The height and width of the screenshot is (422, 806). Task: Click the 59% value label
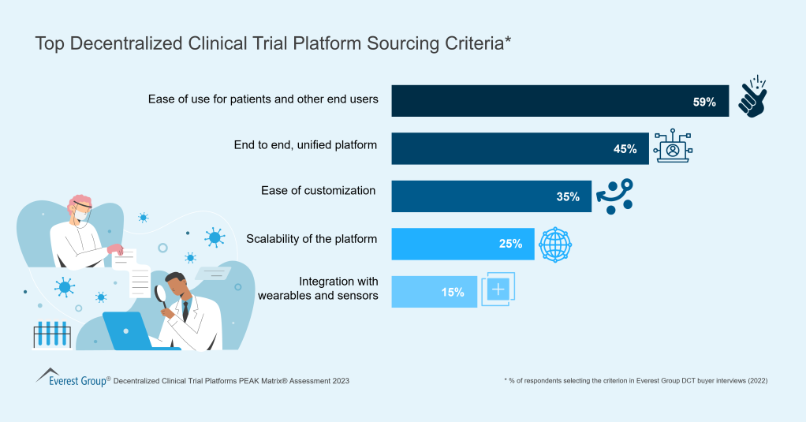pyautogui.click(x=704, y=102)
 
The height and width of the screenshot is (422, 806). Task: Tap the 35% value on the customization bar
pyautogui.click(x=568, y=196)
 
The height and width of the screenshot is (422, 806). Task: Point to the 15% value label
pyautogui.click(x=453, y=292)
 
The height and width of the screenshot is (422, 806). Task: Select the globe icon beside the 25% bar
pyautogui.click(x=555, y=245)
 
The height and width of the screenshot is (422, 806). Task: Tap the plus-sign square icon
pyautogui.click(x=498, y=289)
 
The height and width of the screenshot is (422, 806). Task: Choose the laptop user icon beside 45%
pyautogui.click(x=673, y=148)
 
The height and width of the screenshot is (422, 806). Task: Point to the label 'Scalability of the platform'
pyautogui.click(x=312, y=238)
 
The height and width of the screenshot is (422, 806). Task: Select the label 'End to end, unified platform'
pyautogui.click(x=305, y=144)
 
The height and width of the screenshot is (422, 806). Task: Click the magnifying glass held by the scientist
pyautogui.click(x=161, y=294)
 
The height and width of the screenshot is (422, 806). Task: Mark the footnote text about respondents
pyautogui.click(x=636, y=381)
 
